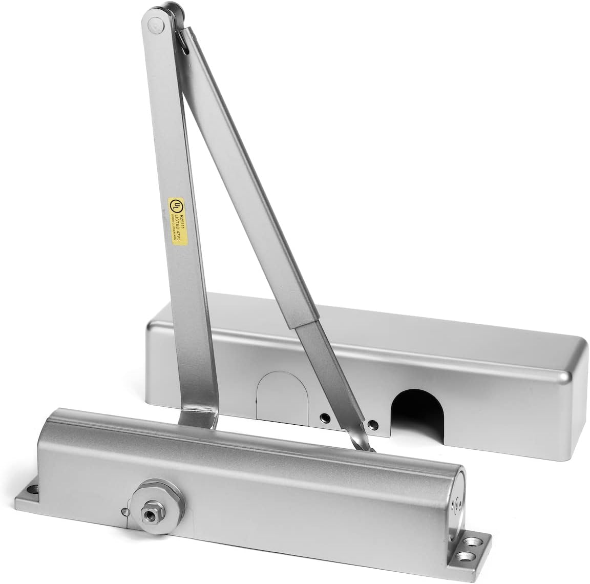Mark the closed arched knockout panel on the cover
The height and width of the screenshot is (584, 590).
[x=275, y=395]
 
